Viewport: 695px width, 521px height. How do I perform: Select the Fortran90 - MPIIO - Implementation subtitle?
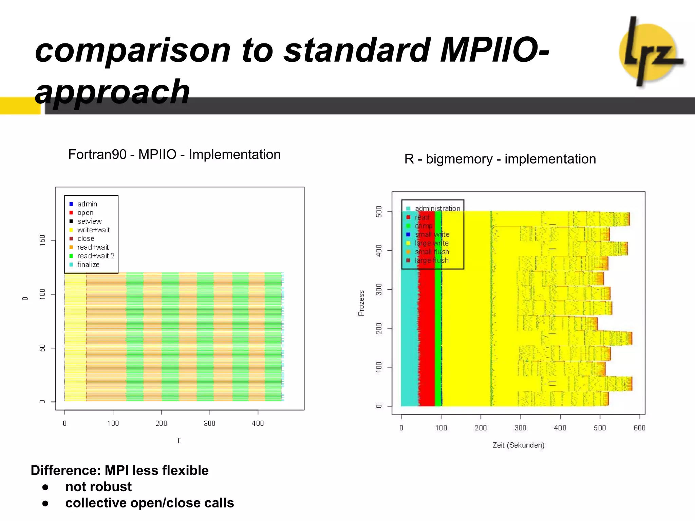[174, 155]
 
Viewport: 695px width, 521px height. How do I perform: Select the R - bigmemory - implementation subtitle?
[500, 159]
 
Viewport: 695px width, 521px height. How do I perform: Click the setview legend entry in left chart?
[89, 221]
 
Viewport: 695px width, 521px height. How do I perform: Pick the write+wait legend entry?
[93, 230]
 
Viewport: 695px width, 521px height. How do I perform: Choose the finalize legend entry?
[88, 265]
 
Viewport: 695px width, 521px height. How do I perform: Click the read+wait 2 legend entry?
[96, 256]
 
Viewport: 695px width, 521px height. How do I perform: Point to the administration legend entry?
[437, 209]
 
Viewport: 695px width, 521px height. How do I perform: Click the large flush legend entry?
[431, 260]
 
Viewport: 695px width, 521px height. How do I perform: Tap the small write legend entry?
[432, 234]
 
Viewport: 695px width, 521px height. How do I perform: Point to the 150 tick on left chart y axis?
[42, 240]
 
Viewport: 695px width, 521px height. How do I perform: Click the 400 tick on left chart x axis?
[258, 423]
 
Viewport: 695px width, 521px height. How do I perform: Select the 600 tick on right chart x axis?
[639, 428]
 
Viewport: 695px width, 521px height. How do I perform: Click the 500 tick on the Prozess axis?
[379, 212]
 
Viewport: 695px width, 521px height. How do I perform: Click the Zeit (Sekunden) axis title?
[518, 445]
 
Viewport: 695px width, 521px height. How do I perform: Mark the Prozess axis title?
[361, 303]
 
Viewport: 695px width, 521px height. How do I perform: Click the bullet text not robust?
[98, 487]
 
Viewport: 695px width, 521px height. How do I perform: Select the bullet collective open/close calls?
[149, 503]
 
